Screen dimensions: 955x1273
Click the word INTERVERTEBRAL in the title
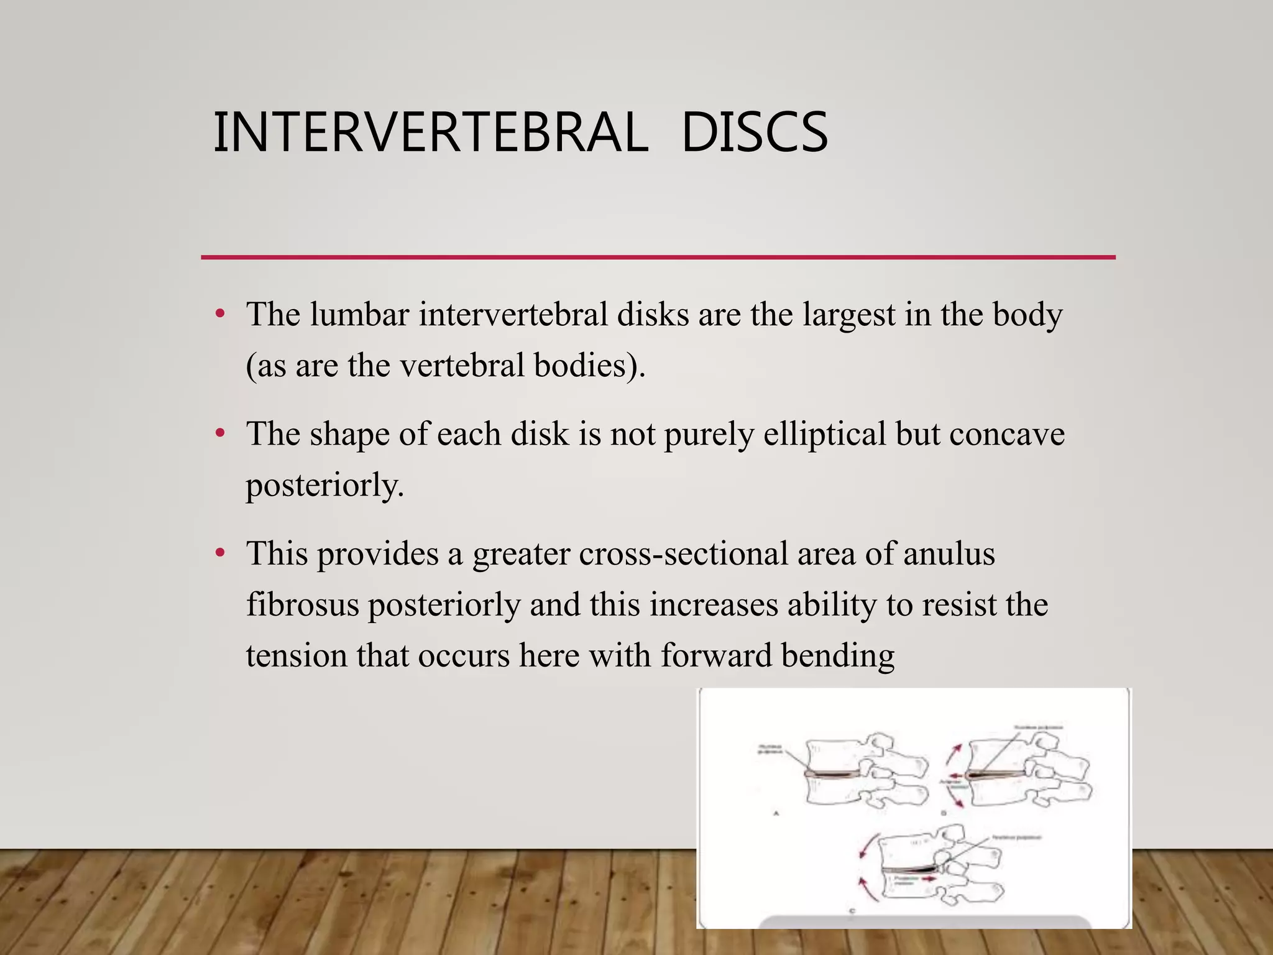430,132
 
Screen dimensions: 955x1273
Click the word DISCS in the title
755,132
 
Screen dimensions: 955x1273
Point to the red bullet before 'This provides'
219,551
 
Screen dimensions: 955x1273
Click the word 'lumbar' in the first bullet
359,314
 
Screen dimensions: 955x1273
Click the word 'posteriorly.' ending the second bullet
324,486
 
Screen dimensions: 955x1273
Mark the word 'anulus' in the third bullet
949,553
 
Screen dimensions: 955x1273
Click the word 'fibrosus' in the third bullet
303,604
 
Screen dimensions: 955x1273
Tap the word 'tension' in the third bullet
296,655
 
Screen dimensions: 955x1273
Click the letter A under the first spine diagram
776,812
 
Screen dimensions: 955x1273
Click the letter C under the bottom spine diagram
852,911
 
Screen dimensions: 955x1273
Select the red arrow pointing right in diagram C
929,879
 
